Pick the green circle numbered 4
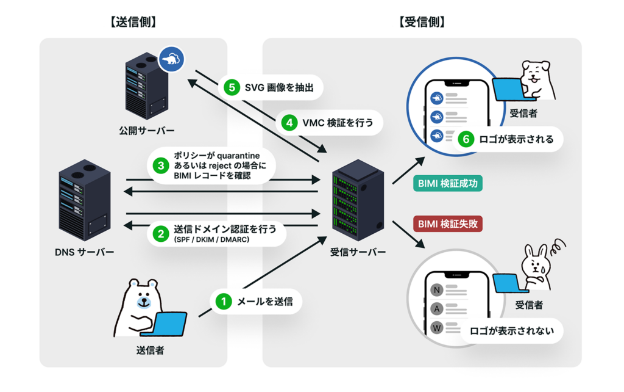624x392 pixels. [289, 123]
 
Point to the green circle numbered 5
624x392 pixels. [231, 88]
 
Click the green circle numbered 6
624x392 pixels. [466, 139]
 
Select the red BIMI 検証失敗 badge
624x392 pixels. [448, 223]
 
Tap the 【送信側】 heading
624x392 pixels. [133, 23]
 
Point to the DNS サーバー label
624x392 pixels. [85, 252]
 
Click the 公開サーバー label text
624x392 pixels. [147, 131]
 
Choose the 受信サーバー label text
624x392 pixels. [358, 252]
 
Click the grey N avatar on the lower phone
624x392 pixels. [437, 289]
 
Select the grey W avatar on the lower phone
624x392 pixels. [437, 328]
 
